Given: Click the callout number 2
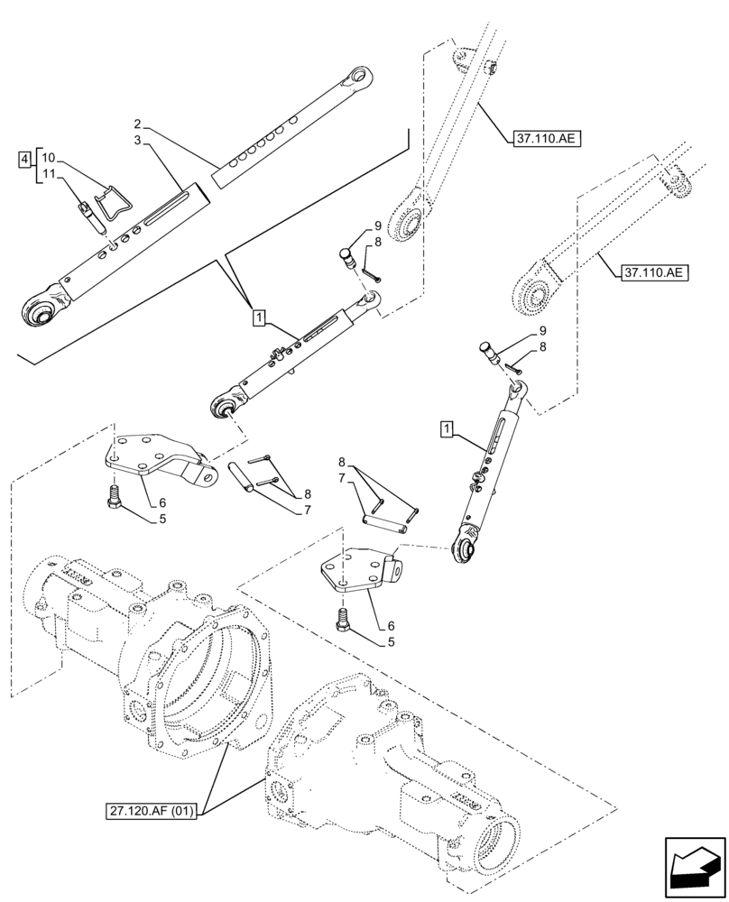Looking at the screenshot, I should pos(137,123).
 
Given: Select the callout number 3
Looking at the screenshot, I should pos(137,141).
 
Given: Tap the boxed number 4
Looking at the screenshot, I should pos(23,160).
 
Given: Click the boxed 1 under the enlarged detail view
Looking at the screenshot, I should pos(259,318).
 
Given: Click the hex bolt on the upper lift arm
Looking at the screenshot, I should pos(491,69).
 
